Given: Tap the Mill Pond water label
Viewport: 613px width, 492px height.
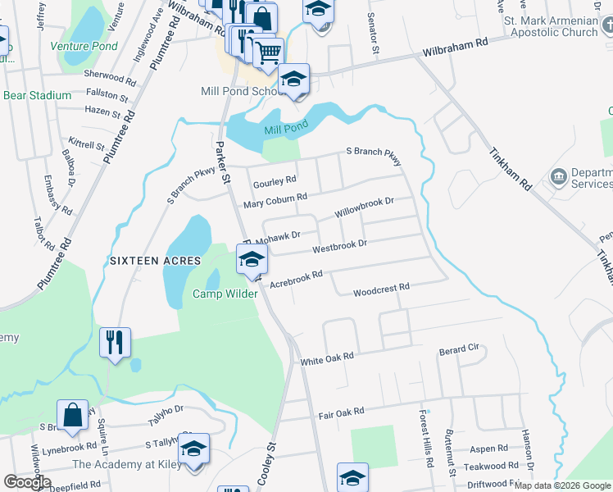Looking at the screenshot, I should point(285,129).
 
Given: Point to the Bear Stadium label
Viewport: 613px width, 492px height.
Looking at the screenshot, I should point(38,95).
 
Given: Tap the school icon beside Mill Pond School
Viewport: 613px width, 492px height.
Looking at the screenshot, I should point(293,80).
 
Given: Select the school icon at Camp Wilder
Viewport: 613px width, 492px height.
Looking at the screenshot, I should point(252,260).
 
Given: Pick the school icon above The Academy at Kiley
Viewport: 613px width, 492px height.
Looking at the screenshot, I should point(193,449).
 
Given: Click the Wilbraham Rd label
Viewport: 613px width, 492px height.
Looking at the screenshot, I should point(455,51).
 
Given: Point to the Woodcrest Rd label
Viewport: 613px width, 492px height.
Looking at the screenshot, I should point(380,290).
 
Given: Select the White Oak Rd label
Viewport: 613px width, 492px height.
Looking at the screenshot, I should point(326,358).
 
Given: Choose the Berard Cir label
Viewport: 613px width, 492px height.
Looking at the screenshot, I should point(459,348).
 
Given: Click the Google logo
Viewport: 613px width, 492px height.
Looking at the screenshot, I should point(28,483).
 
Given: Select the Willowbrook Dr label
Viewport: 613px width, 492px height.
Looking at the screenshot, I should point(365,206).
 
